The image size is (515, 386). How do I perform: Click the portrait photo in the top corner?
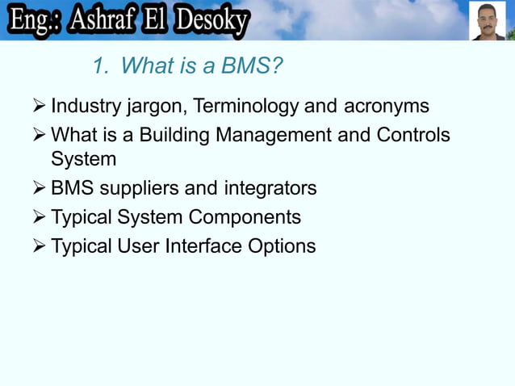tap(488, 20)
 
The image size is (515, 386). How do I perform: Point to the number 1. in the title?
tap(100, 66)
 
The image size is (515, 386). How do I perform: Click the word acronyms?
tap(387, 107)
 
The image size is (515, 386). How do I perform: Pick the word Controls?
tap(413, 135)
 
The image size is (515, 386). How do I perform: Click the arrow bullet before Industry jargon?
tap(38, 107)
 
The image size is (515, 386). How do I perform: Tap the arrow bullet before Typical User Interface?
tap(38, 246)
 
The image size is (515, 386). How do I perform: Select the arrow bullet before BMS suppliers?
tap(38, 189)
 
